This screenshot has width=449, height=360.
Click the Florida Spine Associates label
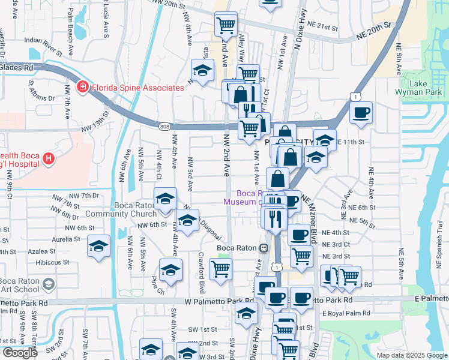pos(137,88)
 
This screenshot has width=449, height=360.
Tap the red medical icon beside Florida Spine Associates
pos(82,88)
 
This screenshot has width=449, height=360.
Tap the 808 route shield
pos(165,126)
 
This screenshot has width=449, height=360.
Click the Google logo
pos(19,353)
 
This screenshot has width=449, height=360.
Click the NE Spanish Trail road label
pos(439,251)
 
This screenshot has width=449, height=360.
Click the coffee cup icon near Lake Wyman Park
pos(361,112)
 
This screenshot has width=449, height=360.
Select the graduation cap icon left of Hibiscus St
pos(98,247)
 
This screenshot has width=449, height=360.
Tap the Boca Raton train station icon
pos(264,248)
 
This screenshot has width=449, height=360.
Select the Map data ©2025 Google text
pos(411,355)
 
